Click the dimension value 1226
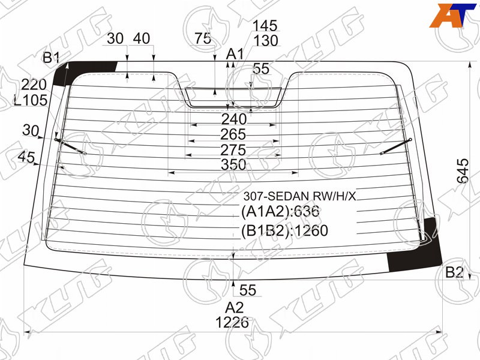232,322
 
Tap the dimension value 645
463,170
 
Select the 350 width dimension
233,164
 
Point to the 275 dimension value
233,150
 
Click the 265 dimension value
233,134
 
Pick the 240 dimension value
233,119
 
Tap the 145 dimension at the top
265,26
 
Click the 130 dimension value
266,40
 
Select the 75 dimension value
203,38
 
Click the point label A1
235,55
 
